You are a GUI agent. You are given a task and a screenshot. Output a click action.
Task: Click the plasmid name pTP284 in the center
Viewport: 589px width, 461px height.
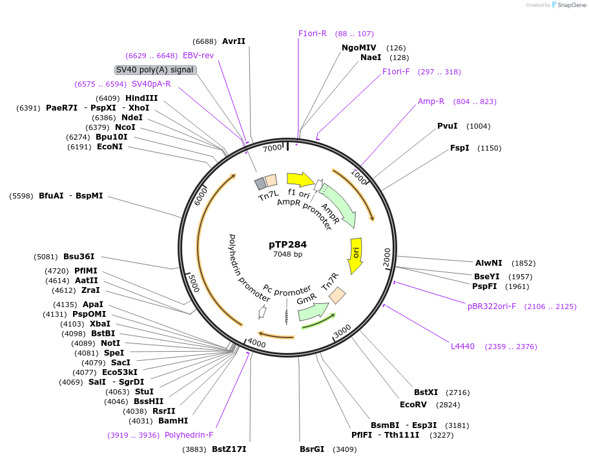(287, 244)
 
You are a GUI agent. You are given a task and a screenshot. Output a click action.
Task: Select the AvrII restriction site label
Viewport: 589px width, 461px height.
(234, 41)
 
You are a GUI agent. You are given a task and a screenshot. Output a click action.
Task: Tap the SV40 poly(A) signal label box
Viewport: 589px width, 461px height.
(155, 70)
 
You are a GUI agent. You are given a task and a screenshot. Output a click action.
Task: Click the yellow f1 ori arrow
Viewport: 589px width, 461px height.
(300, 179)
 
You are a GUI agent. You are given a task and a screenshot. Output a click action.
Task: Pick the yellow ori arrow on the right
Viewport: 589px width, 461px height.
(356, 251)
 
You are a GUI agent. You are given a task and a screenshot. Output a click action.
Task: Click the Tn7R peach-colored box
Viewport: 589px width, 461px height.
(337, 295)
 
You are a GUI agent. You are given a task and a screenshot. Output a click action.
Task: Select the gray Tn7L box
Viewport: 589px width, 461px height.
(260, 183)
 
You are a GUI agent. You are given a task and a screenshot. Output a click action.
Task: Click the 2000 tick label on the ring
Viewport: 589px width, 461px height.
(387, 256)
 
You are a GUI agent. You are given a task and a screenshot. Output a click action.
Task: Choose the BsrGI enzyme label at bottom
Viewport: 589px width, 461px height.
(312, 449)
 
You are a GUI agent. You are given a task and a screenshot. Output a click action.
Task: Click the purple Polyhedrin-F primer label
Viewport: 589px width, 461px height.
(189, 435)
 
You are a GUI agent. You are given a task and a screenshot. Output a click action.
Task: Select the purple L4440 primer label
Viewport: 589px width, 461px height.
(462, 347)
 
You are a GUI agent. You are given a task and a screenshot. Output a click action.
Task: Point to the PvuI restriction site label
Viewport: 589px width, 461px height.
(447, 126)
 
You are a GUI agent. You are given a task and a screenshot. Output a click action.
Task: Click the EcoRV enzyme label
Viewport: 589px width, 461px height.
(413, 405)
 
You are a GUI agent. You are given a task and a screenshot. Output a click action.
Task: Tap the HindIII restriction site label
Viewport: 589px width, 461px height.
(141, 98)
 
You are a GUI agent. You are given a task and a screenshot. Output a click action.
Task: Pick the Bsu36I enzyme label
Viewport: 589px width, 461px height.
(79, 256)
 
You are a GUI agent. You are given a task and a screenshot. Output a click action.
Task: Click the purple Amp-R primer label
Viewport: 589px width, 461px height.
(431, 102)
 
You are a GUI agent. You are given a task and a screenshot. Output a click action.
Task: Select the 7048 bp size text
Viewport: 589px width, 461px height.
(287, 254)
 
